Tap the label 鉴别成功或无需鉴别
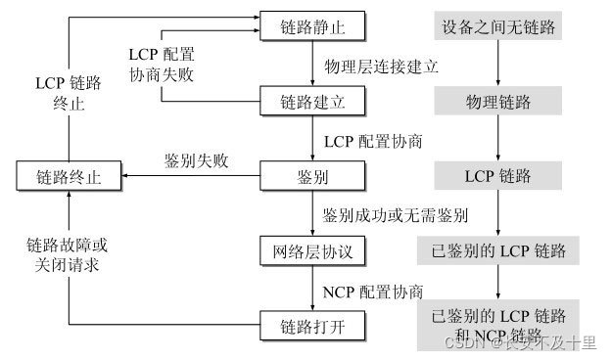click(x=395, y=214)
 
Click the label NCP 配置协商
click(x=373, y=291)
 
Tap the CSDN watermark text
click(x=519, y=343)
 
